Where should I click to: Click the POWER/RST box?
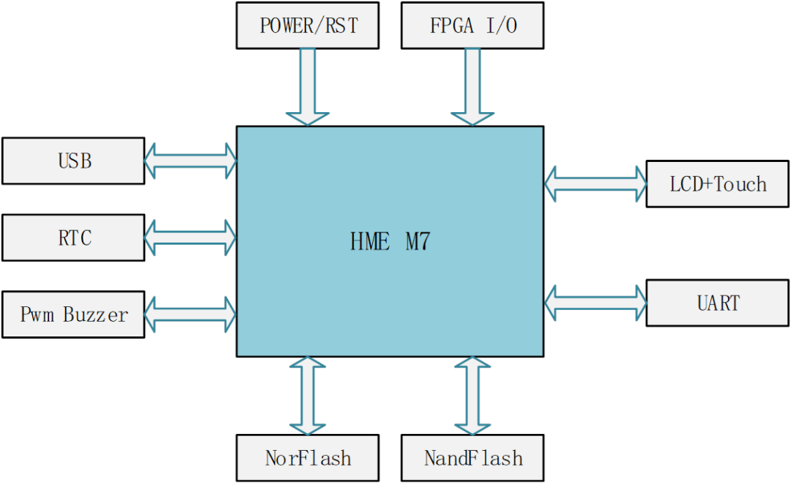[x=308, y=26]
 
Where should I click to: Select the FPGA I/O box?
[x=472, y=26]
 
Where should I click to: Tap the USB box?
[x=73, y=161]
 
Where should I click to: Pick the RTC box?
[x=73, y=237]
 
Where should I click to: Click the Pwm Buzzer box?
[x=73, y=314]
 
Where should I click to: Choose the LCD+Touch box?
[x=717, y=183]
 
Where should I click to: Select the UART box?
[x=717, y=302]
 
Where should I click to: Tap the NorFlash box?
[x=308, y=458]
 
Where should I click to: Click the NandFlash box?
[x=472, y=458]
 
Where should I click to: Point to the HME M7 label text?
[x=390, y=242]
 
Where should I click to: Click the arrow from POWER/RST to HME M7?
[x=308, y=86]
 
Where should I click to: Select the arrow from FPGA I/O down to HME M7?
[x=472, y=86]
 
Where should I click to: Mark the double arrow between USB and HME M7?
[x=190, y=161]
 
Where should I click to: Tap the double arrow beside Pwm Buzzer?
[x=190, y=314]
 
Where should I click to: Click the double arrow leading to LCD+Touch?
[x=595, y=183]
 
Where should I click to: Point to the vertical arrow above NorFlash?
[x=308, y=396]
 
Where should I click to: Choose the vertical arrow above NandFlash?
[x=472, y=396]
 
